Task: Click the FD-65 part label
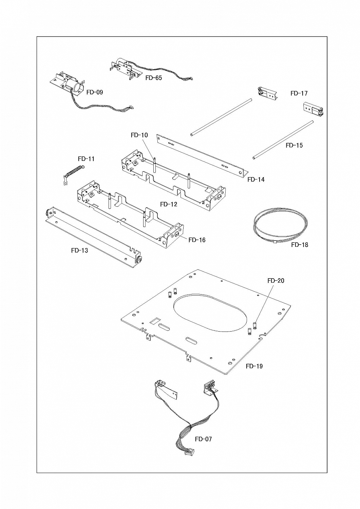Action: pos(154,78)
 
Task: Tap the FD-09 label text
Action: pos(95,92)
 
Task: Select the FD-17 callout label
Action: pos(299,93)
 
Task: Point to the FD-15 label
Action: pos(294,145)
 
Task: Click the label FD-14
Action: pos(256,180)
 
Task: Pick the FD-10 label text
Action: pos(139,135)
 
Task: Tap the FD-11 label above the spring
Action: pos(86,159)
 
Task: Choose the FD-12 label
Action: pos(169,204)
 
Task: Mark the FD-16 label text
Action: pos(197,240)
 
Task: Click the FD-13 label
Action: pos(79,251)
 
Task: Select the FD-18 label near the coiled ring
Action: pos(300,245)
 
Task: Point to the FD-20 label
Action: pos(276,281)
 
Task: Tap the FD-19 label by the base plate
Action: pos(254,366)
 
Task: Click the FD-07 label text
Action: pos(203,439)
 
